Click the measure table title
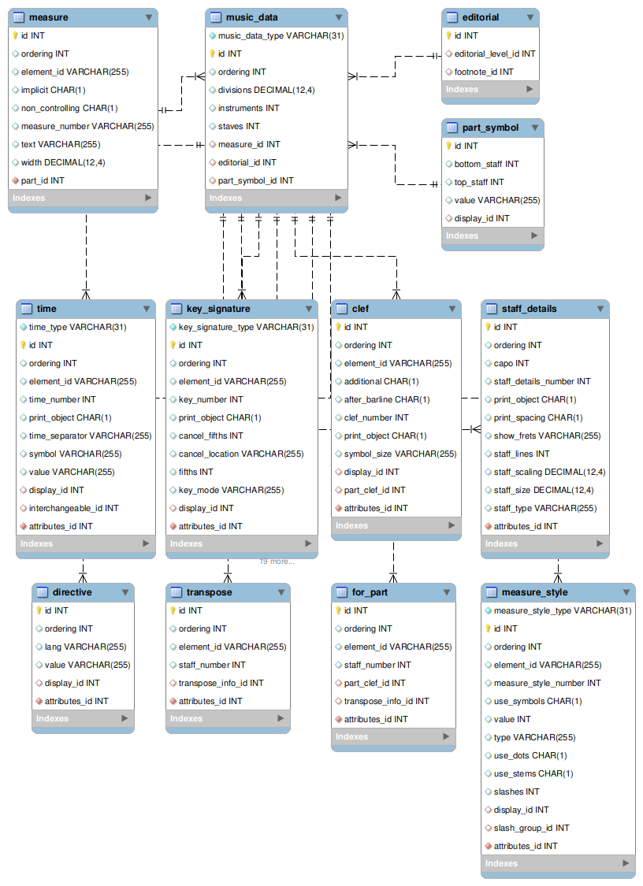pos(48,17)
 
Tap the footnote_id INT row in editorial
pos(484,72)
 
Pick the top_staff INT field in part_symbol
pos(479,182)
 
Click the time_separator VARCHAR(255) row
pos(90,436)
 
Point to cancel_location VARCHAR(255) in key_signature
pos(240,454)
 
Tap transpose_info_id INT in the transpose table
pos(221,683)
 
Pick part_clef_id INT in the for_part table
pos(374,683)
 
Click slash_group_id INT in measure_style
pos(531,828)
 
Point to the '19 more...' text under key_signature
pos(277,562)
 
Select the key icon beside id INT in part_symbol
pos(448,146)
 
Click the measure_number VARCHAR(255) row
pos(87,126)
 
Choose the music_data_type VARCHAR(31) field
pos(281,35)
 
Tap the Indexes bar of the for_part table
pos(392,737)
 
